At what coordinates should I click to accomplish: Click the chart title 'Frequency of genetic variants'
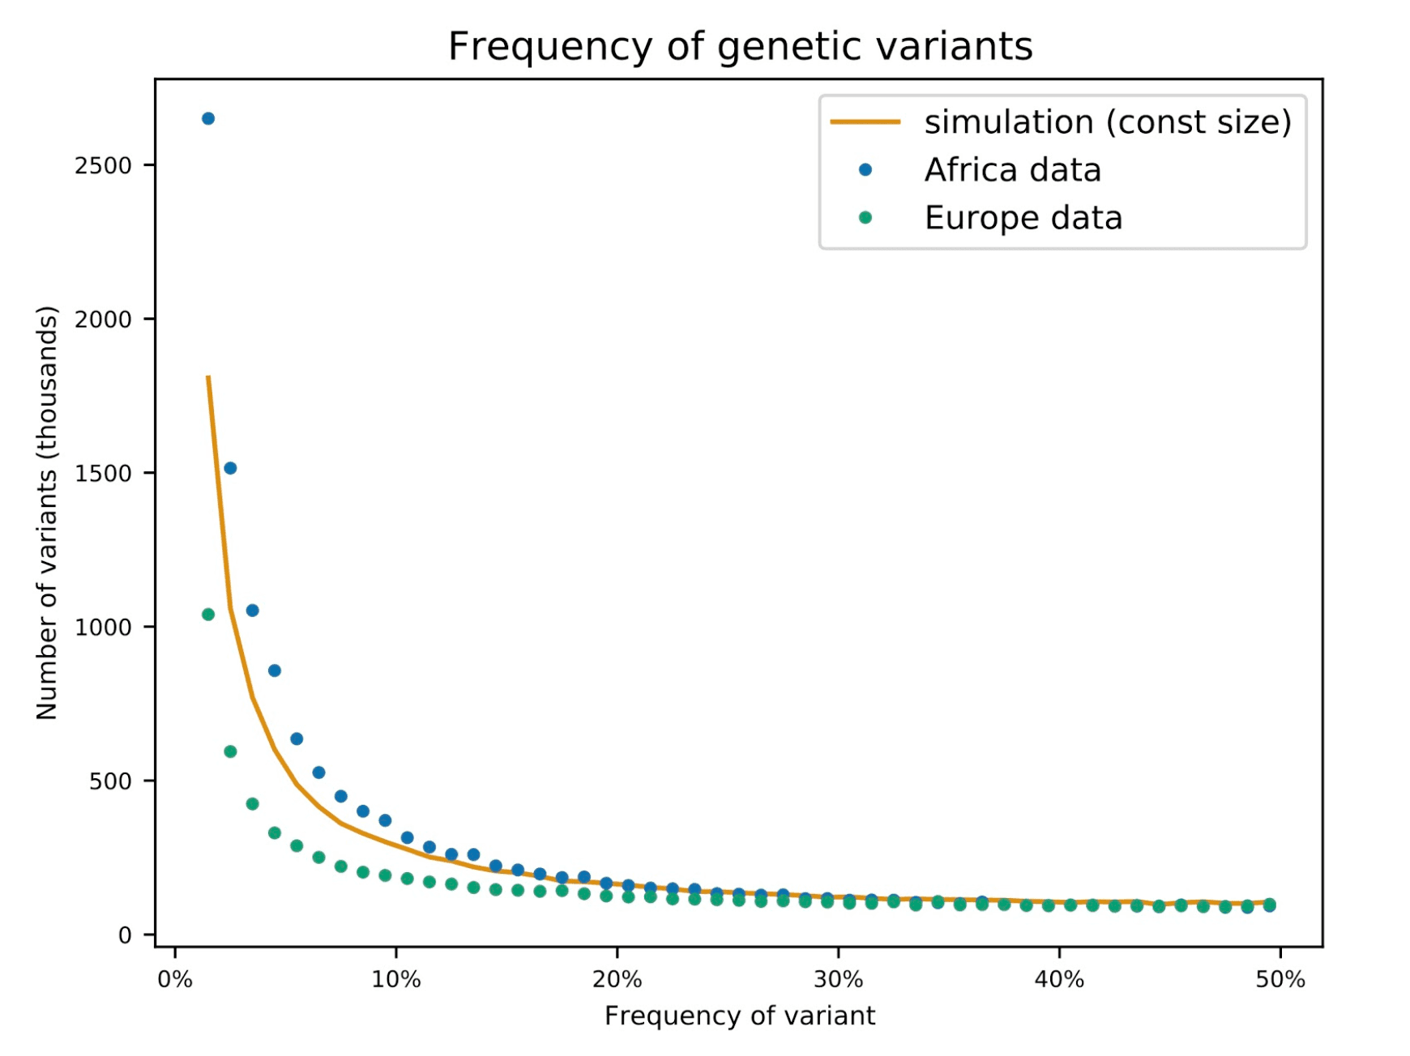click(740, 46)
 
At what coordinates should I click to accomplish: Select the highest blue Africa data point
click(208, 119)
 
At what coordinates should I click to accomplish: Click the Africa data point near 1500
click(230, 468)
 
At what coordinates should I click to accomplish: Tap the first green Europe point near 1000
click(208, 615)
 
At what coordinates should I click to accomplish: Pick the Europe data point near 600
click(230, 752)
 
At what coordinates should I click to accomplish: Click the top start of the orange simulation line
click(208, 377)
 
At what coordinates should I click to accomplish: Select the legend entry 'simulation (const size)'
click(1107, 122)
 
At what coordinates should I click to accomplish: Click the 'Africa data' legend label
click(1012, 170)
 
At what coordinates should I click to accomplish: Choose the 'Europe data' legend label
click(1023, 218)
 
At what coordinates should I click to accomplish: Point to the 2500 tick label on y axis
click(103, 166)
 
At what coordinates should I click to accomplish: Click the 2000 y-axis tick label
click(103, 320)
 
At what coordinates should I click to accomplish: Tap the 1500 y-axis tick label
click(103, 474)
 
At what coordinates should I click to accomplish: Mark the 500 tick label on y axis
click(111, 781)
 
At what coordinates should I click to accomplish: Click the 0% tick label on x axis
click(175, 980)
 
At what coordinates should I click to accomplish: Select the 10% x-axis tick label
click(396, 980)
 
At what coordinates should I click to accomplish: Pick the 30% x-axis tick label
click(838, 980)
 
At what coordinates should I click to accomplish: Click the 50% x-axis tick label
click(1280, 980)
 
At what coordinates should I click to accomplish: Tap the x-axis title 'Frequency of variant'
click(740, 1016)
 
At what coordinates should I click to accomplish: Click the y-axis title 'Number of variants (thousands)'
click(47, 513)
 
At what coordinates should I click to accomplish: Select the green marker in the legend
click(865, 218)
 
